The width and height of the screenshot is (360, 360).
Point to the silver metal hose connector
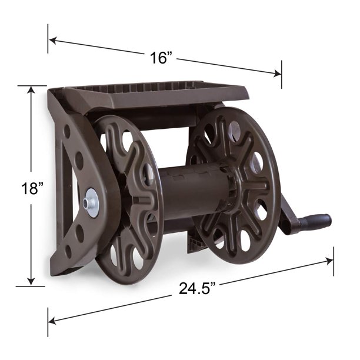coord(89,204)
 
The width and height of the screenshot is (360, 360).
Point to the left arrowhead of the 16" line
coord(52,41)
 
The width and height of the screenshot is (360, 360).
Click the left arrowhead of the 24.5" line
coord(52,320)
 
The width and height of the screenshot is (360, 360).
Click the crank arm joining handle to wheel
coord(288,215)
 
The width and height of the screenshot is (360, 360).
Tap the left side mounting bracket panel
coord(74,176)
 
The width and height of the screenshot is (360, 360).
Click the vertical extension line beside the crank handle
coord(334,259)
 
